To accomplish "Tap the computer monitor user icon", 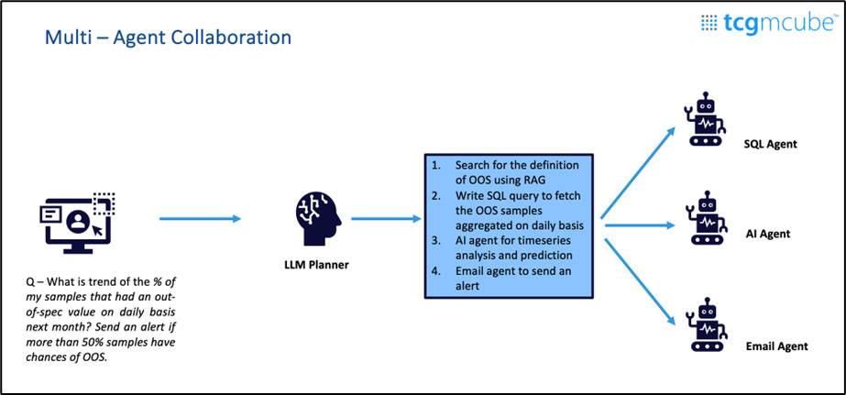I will (x=74, y=219).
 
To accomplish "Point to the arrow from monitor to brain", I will (x=200, y=218).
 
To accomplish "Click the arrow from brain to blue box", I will (x=385, y=218).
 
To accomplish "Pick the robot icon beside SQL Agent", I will (x=706, y=119).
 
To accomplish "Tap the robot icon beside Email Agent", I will (x=706, y=325).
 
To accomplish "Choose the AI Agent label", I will (x=767, y=234).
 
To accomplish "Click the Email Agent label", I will (x=775, y=346).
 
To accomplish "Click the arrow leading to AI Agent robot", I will (x=638, y=221).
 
